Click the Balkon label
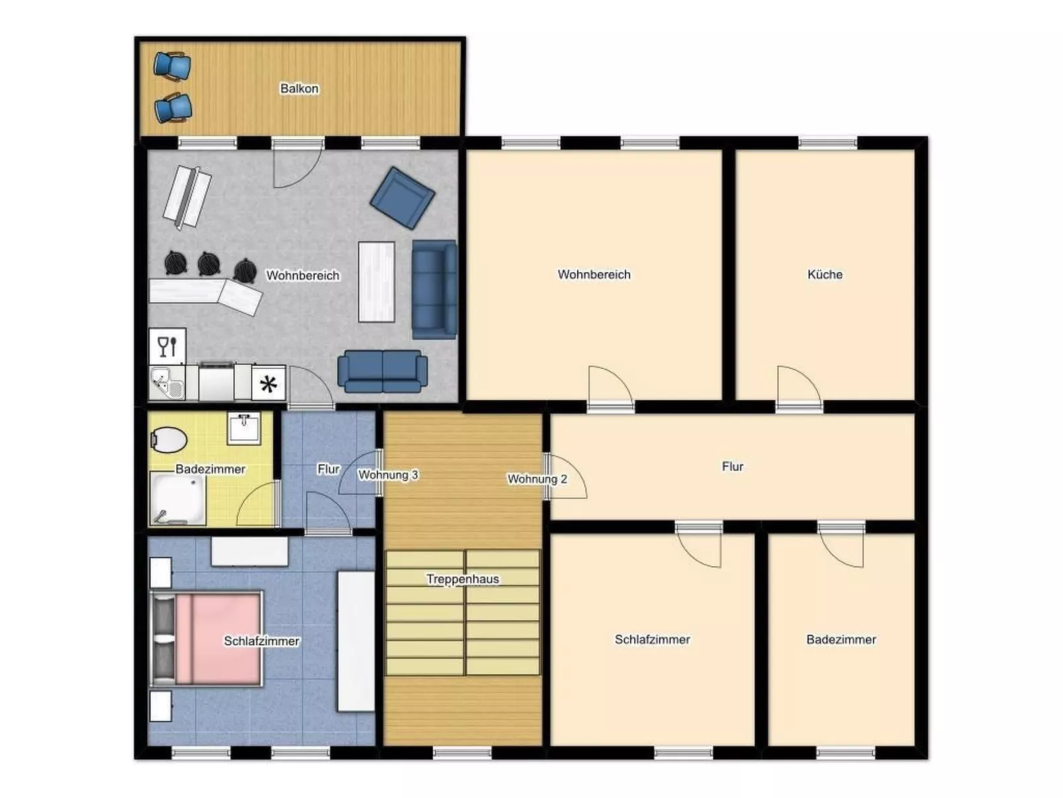point(299,88)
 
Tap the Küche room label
point(825,274)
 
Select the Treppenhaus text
point(463,579)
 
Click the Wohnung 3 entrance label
point(388,475)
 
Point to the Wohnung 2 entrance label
point(537,479)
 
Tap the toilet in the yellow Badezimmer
point(169,438)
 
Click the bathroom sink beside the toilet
point(244,428)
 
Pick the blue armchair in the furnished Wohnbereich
point(402,197)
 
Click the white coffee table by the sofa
point(377,281)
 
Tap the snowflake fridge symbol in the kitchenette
point(268,384)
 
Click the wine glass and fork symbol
point(167,346)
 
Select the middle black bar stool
point(209,264)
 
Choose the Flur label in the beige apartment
point(732,466)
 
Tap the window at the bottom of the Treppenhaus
point(462,752)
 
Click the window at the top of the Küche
point(827,142)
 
